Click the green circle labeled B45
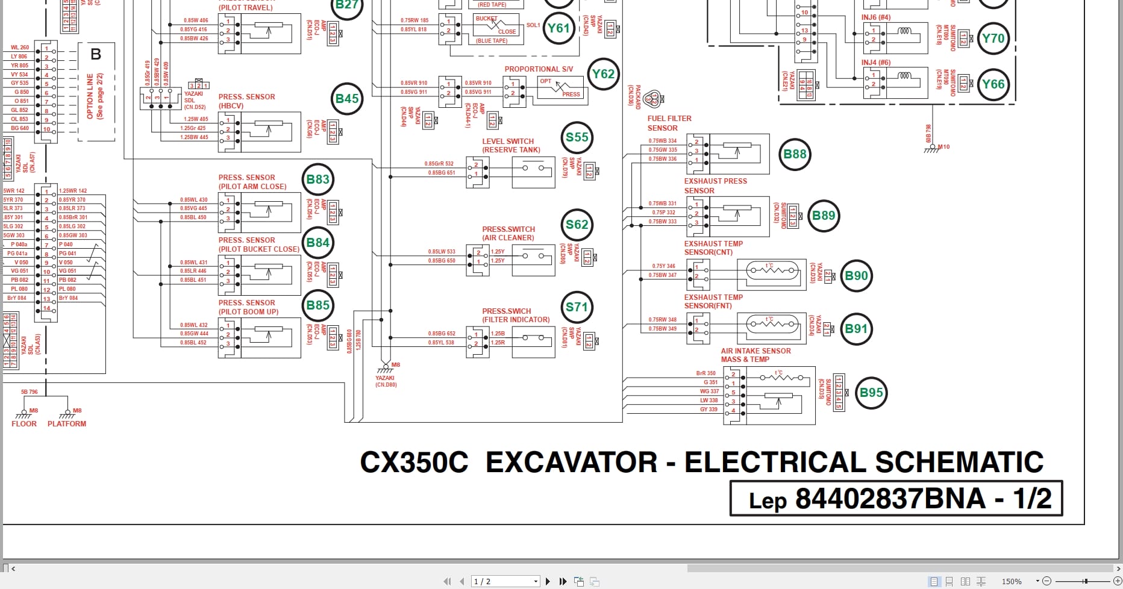point(347,99)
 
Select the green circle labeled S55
point(577,137)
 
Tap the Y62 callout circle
point(603,74)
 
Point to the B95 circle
point(871,393)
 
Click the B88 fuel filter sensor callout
point(795,154)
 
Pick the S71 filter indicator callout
point(577,307)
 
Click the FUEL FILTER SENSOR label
point(669,123)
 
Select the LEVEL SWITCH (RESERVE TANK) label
point(510,146)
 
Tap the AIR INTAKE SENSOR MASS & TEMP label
point(755,355)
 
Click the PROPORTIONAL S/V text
point(539,69)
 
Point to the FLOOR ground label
point(24,424)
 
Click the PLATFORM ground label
point(67,424)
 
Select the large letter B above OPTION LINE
point(96,55)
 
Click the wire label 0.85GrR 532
point(439,164)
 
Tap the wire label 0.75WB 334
point(662,141)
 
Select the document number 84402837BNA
point(890,499)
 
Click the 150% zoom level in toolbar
point(1012,581)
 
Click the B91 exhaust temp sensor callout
point(856,329)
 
